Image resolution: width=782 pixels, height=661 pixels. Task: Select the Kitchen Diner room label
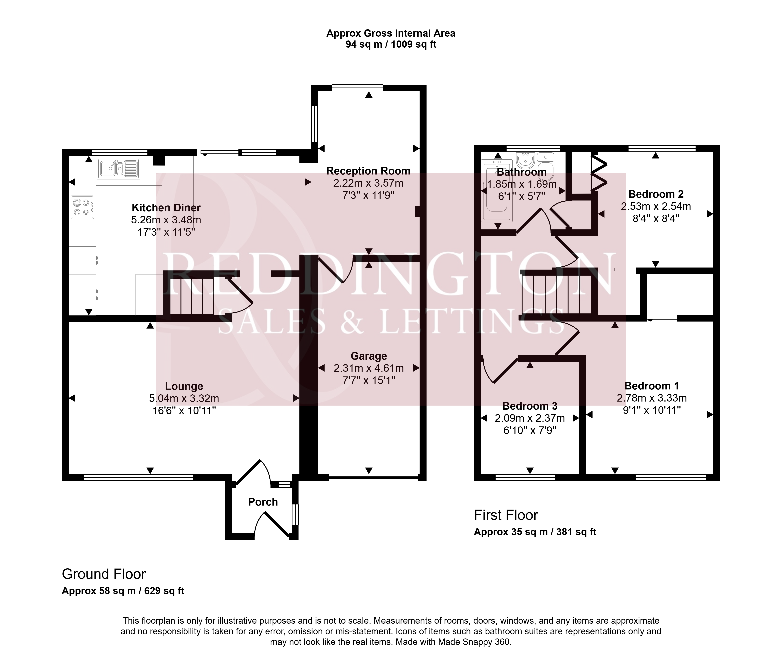coord(166,208)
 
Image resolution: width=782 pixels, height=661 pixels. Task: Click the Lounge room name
coord(184,386)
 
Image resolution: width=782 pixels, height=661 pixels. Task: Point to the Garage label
coord(369,356)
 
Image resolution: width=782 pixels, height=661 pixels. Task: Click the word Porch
coord(263,502)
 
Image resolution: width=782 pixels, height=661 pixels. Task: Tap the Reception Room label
coord(368,171)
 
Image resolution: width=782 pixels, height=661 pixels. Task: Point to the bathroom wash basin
coord(526,160)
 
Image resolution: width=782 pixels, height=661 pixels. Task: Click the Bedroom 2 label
coord(656,194)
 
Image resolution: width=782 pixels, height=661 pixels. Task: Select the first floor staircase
coord(557,294)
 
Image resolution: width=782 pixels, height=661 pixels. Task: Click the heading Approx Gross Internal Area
coord(391,33)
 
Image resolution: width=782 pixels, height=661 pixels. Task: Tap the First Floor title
coord(506,515)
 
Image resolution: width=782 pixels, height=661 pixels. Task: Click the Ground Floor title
coord(104,574)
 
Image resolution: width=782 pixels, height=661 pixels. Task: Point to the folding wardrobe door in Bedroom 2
coord(598,172)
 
